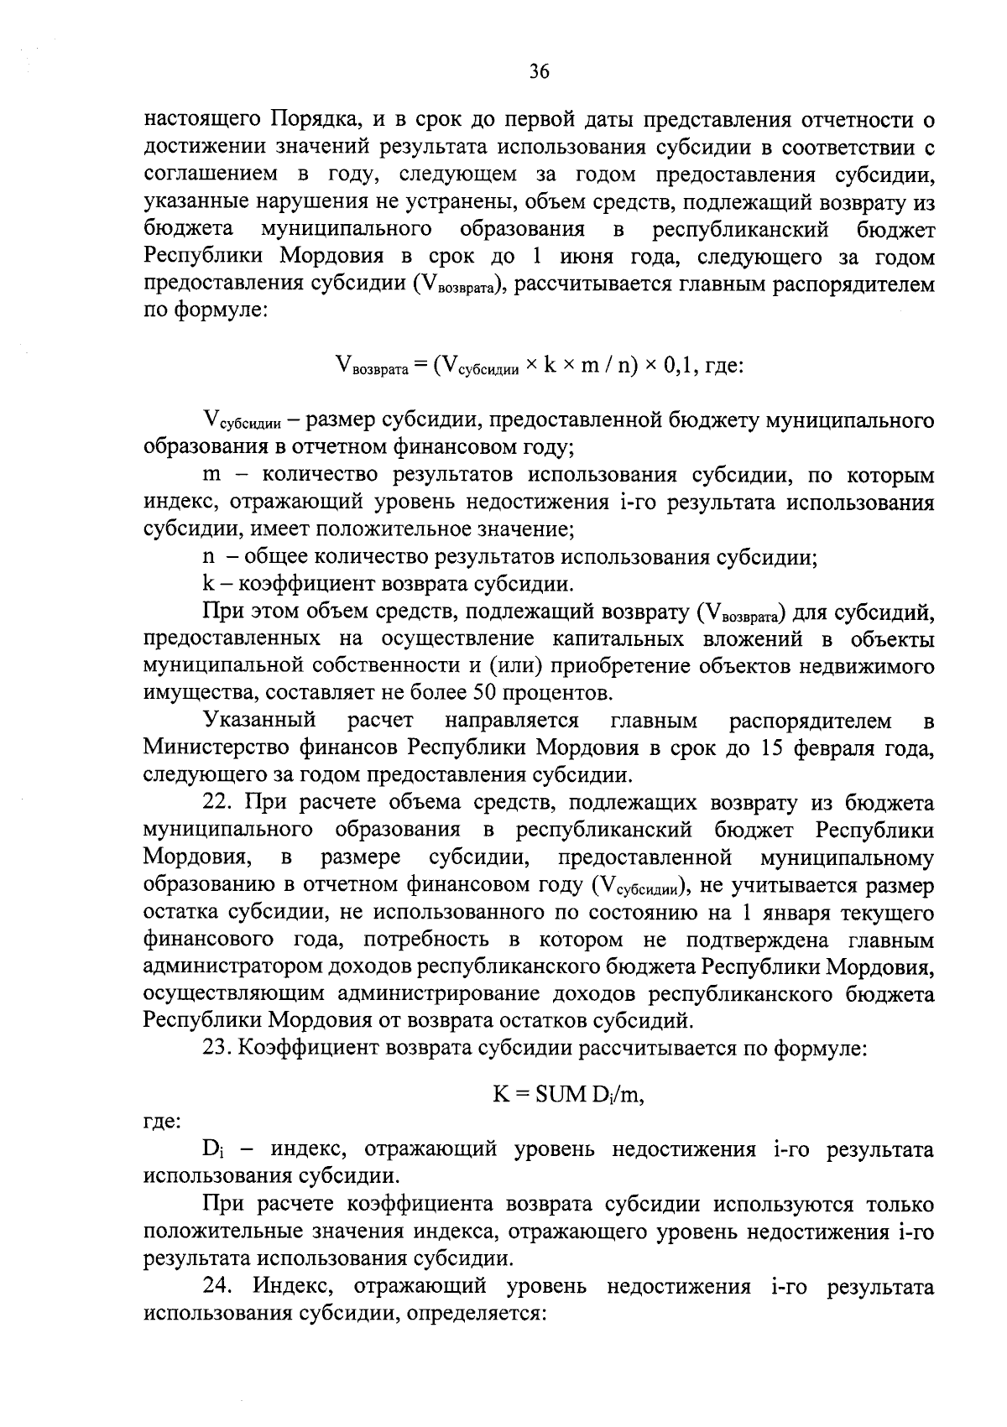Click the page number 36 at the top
(539, 72)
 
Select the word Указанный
(259, 721)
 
